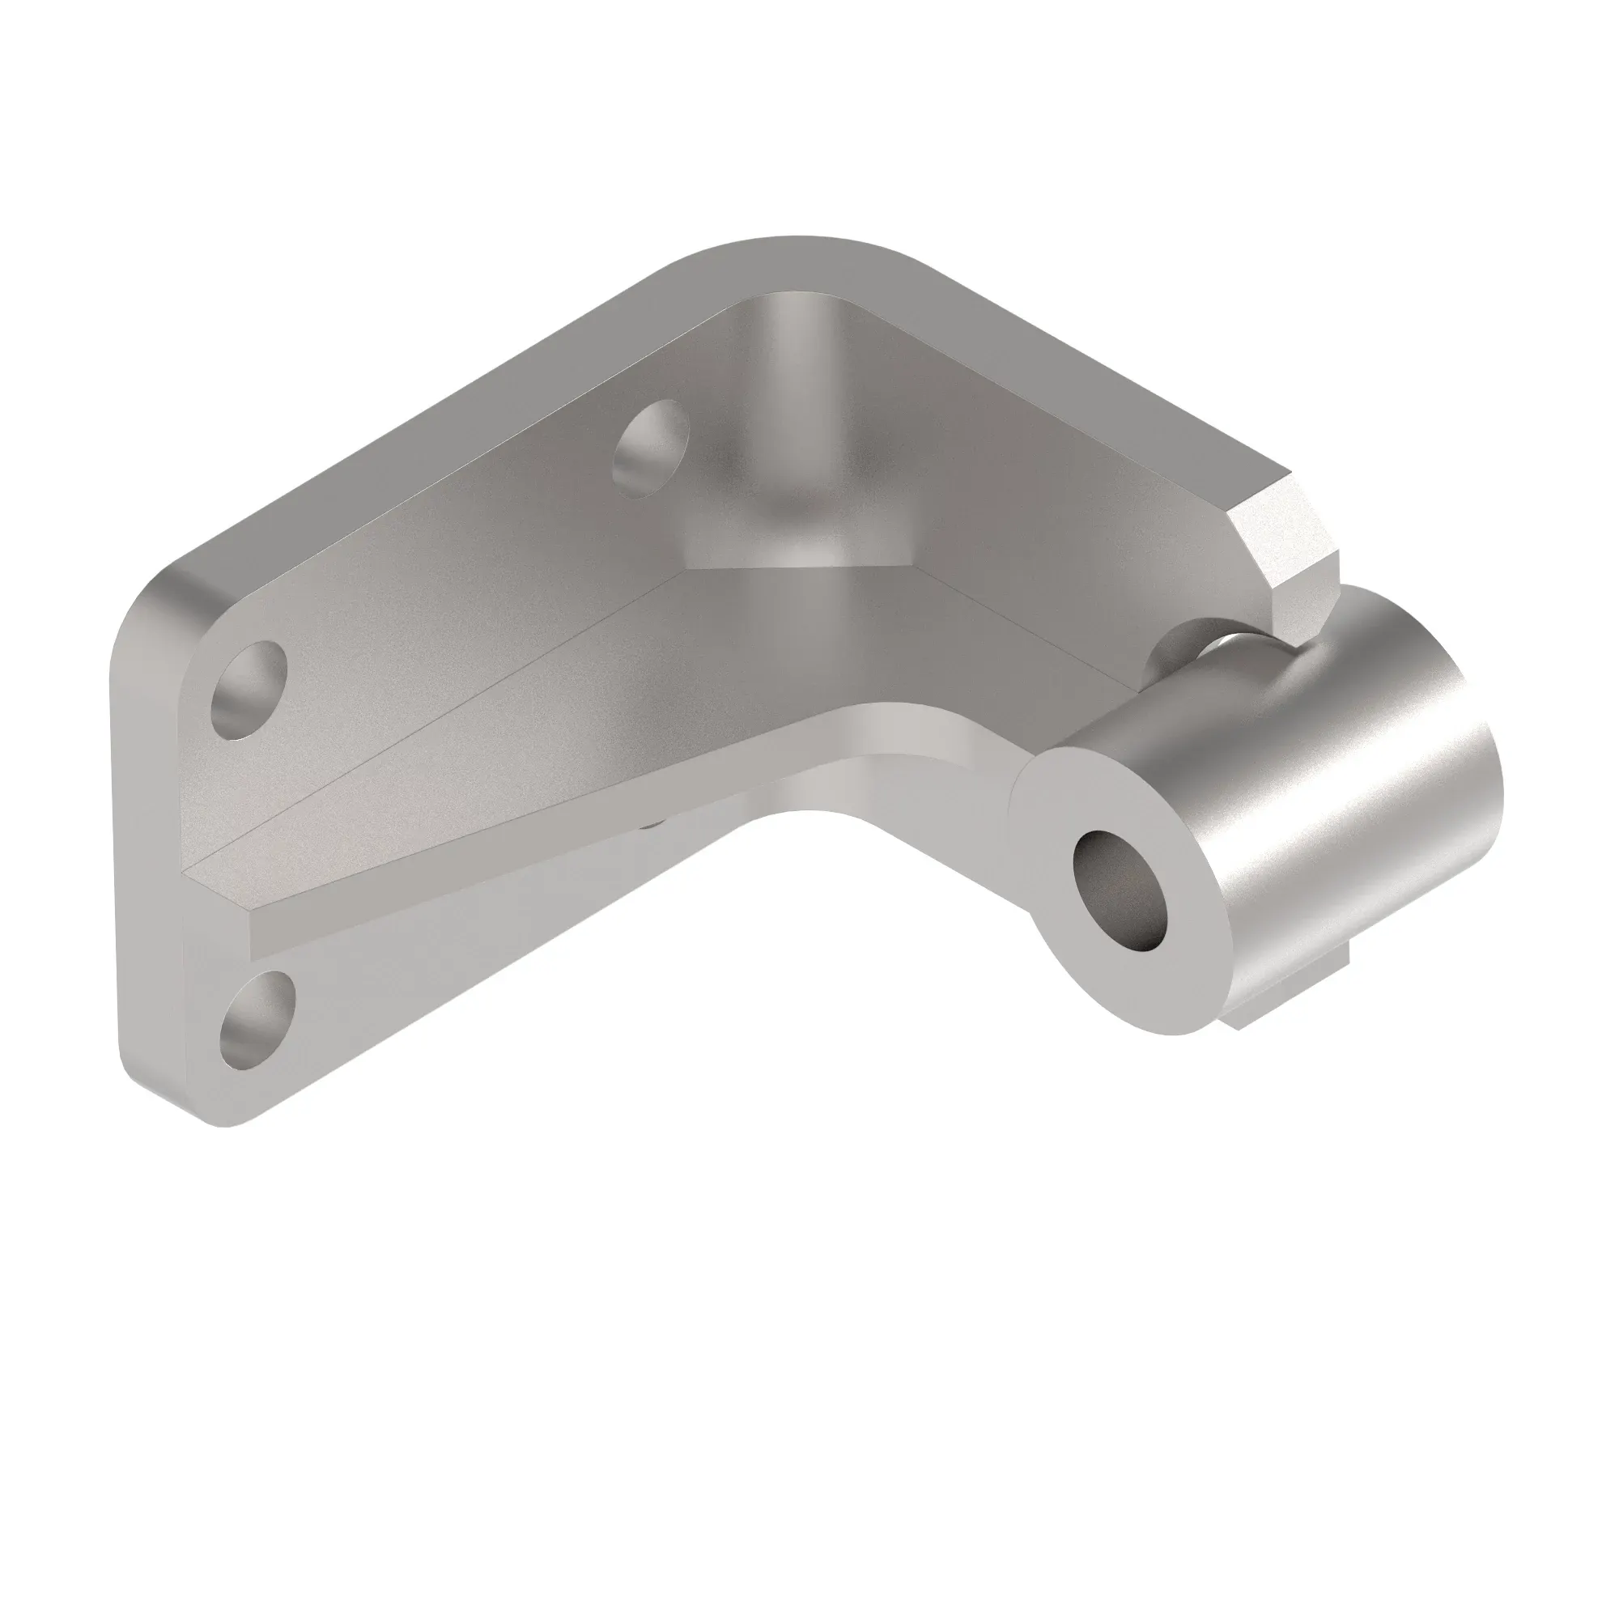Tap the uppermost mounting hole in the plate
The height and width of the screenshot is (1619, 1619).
tap(651, 448)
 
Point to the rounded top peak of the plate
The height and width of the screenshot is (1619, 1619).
tap(796, 252)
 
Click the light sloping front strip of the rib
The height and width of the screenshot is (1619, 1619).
tap(587, 838)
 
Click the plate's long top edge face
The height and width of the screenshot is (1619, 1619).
tap(419, 410)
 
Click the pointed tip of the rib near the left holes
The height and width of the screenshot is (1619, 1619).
tap(201, 872)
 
